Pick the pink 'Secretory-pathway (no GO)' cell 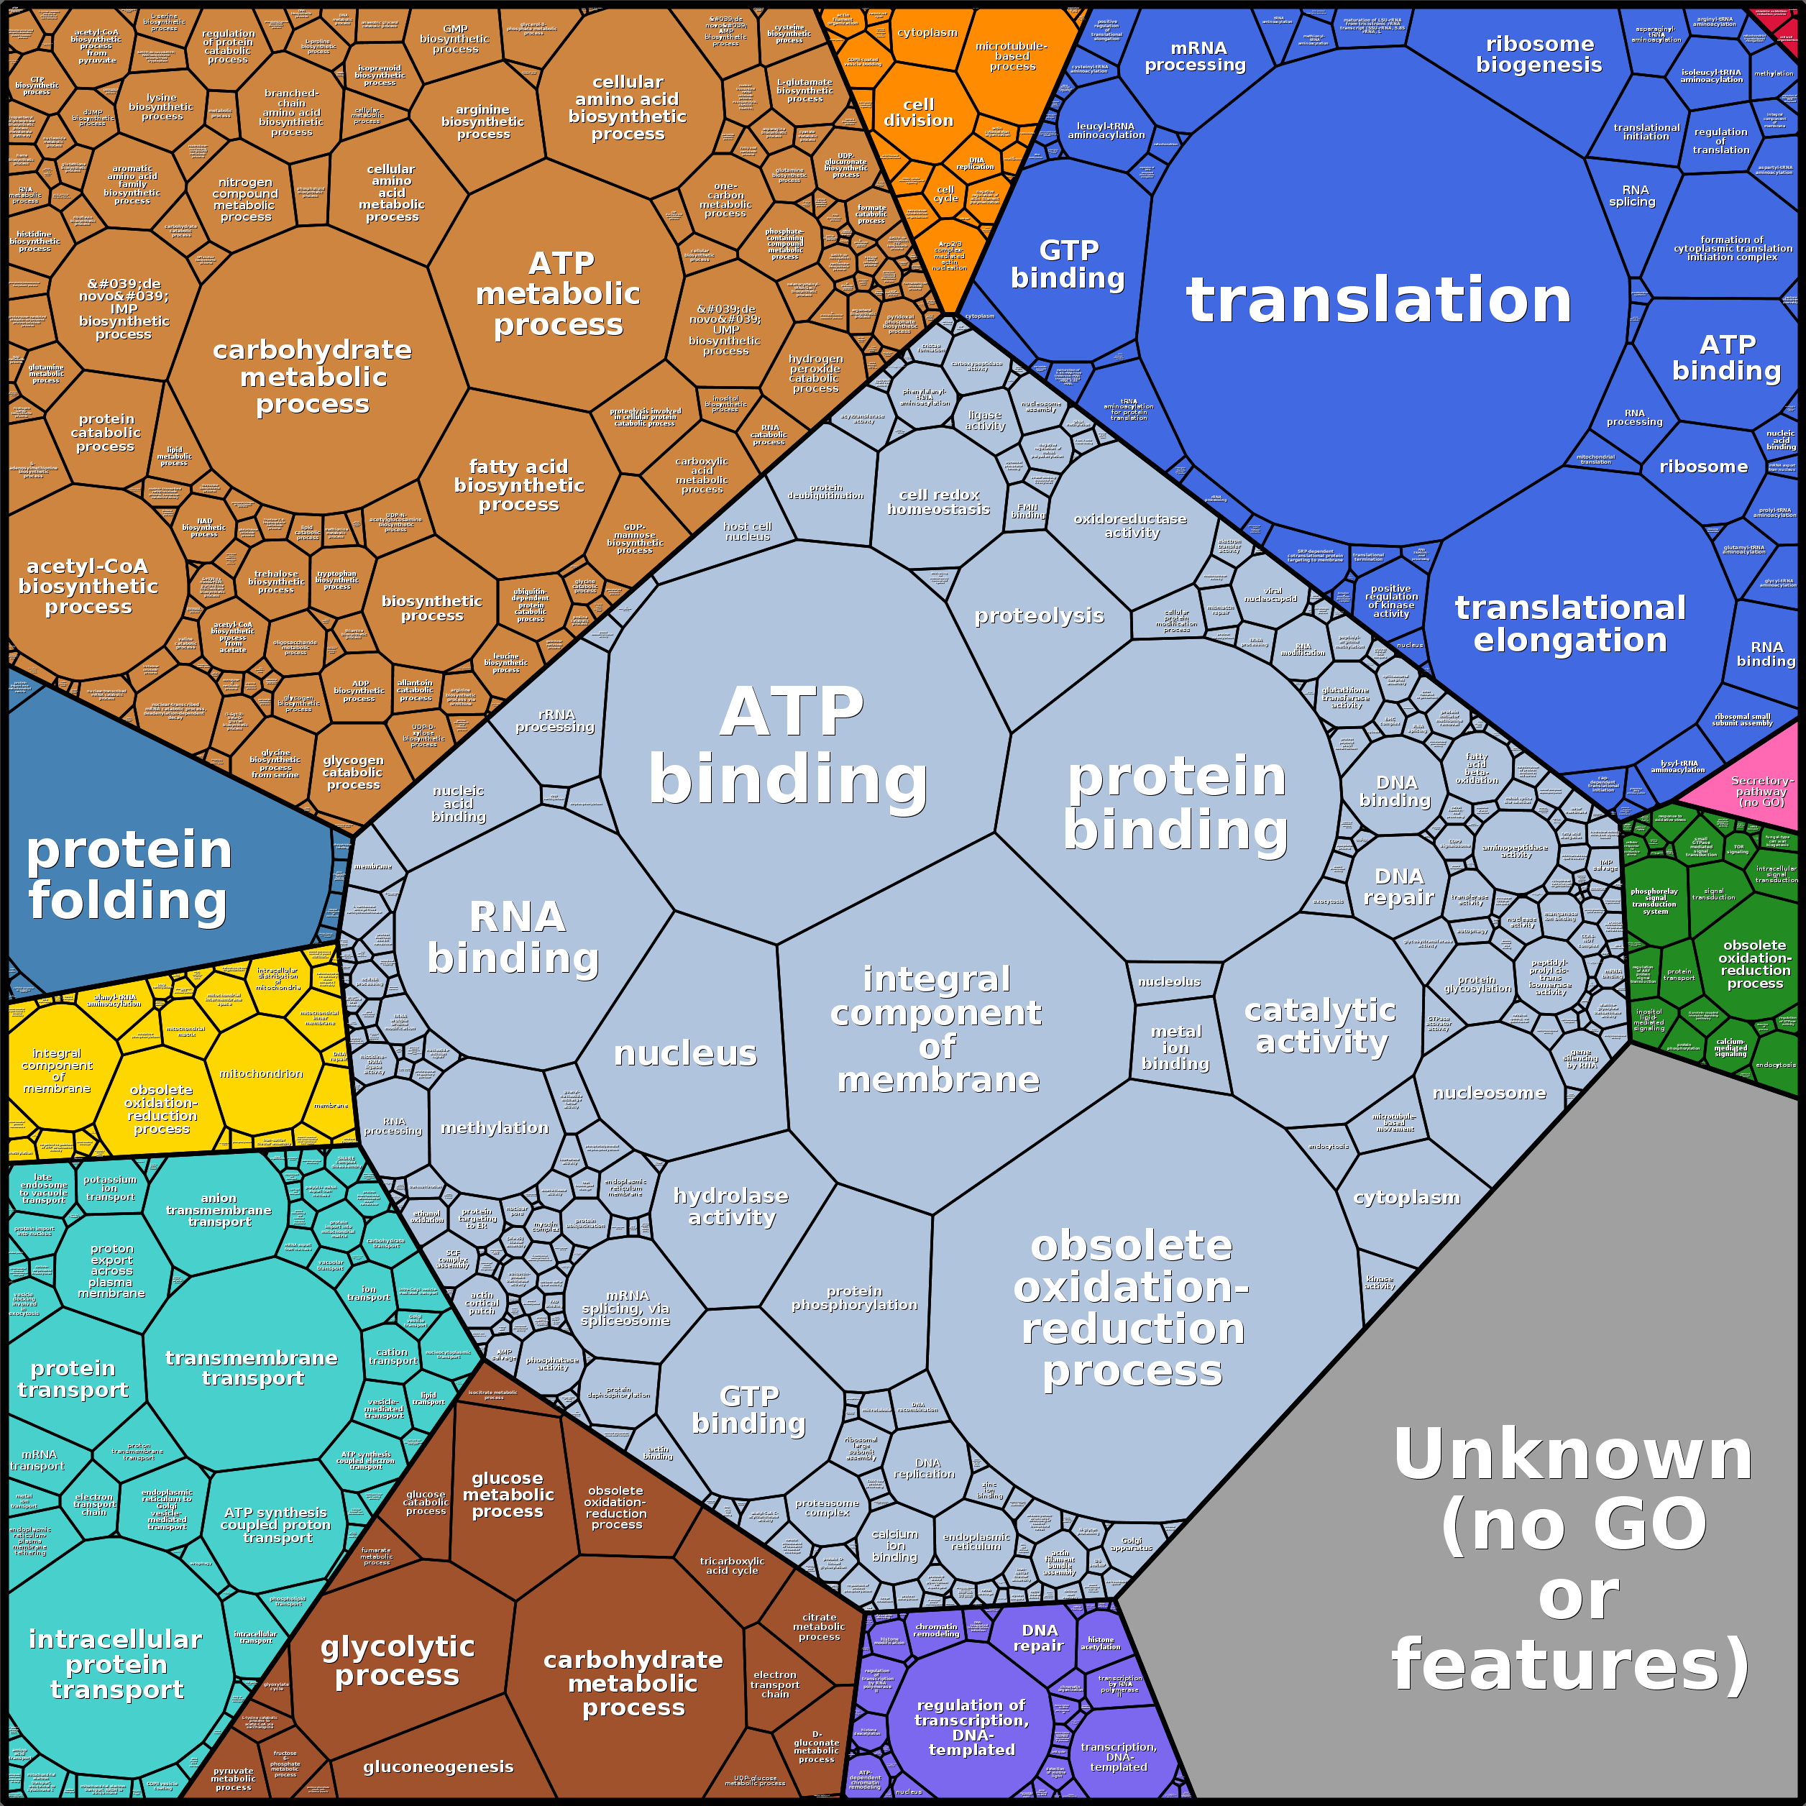tap(1761, 791)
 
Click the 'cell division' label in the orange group tap(918, 112)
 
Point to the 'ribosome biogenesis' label tap(1539, 54)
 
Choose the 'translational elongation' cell tap(1570, 623)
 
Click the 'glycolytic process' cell tap(398, 1661)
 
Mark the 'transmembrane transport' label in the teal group tap(252, 1367)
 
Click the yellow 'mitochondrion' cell tap(261, 1074)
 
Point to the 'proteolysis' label tap(1039, 616)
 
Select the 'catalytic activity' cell tap(1320, 1025)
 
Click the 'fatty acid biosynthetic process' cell tap(519, 485)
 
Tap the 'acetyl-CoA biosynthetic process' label tap(88, 586)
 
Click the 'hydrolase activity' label tap(731, 1206)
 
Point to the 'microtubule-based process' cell tap(1012, 56)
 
